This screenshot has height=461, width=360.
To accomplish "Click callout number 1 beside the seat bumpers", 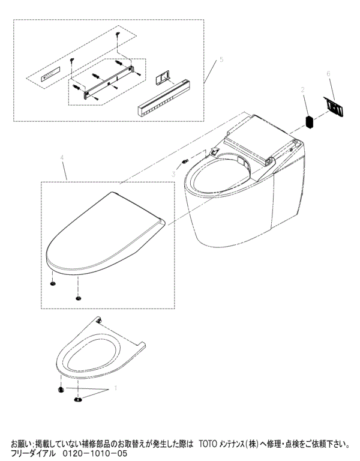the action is tap(115, 388).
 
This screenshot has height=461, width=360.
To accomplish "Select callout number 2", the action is tap(302, 90).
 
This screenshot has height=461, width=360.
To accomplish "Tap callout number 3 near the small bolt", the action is tap(174, 174).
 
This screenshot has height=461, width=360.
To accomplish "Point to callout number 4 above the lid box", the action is tap(62, 158).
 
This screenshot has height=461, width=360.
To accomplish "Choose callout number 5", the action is tap(221, 59).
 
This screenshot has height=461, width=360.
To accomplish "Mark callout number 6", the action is tap(329, 73).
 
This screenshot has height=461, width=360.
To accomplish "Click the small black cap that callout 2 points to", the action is tap(309, 122).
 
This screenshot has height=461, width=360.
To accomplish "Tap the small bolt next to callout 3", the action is tap(185, 161).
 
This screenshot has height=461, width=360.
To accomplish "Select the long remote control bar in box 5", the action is tap(164, 98).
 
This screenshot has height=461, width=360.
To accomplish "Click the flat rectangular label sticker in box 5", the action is tap(50, 73).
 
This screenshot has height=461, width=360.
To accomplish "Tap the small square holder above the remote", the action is tap(162, 78).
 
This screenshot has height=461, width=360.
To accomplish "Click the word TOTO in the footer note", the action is tap(208, 444).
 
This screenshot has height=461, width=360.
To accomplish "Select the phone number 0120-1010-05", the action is tap(95, 453).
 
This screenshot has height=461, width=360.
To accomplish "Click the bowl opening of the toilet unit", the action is tap(220, 170).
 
